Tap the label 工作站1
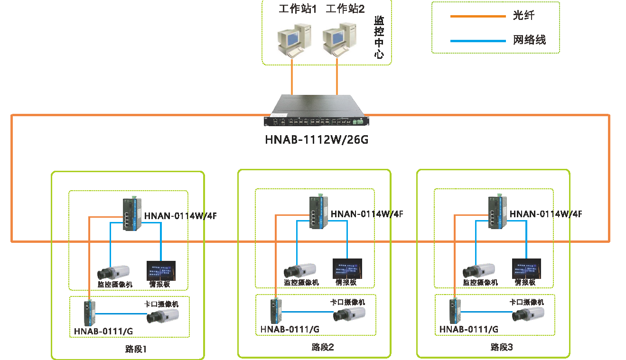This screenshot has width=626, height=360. (298, 9)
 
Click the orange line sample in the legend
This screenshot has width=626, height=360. (477, 16)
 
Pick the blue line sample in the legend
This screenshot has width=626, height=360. (477, 41)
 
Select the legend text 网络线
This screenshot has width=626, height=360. (529, 40)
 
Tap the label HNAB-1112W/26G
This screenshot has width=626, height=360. (316, 140)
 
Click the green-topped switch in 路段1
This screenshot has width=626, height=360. (132, 214)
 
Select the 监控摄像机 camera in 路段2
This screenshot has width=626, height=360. (300, 270)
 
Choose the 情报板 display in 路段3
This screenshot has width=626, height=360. (526, 268)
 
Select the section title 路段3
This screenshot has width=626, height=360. (502, 347)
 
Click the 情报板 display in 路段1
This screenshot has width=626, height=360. (161, 271)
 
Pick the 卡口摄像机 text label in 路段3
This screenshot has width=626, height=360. (526, 302)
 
